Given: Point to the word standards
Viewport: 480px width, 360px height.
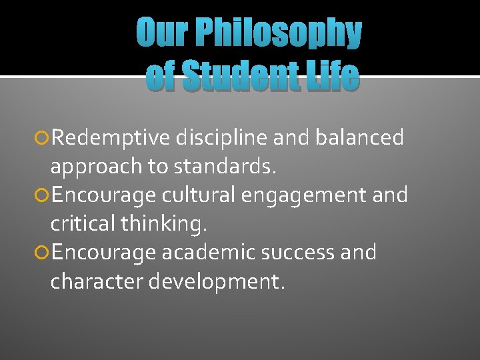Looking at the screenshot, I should [x=224, y=167].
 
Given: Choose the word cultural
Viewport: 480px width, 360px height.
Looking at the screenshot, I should [x=193, y=196].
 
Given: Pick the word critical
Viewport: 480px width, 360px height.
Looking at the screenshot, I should [x=83, y=225].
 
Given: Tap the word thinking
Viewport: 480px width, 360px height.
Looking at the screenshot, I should [x=164, y=225].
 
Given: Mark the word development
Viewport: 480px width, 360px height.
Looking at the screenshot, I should [x=217, y=282].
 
